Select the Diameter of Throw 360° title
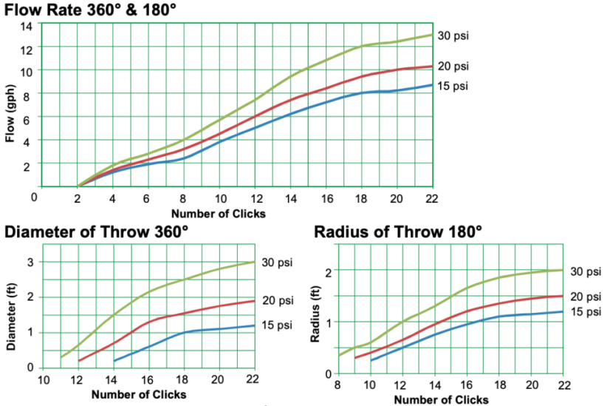pyautogui.click(x=97, y=231)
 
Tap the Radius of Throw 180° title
pyautogui.click(x=398, y=231)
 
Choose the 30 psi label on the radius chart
pyautogui.click(x=585, y=271)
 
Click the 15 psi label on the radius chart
pyautogui.click(x=585, y=311)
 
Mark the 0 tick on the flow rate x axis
pyautogui.click(x=34, y=197)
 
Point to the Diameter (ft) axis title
pyautogui.click(x=10, y=317)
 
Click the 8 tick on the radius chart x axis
pyautogui.click(x=338, y=385)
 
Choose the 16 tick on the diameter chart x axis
pyautogui.click(x=148, y=379)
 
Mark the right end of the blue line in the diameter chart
pyautogui.click(x=255, y=325)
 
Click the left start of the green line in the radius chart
pyautogui.click(x=339, y=356)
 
